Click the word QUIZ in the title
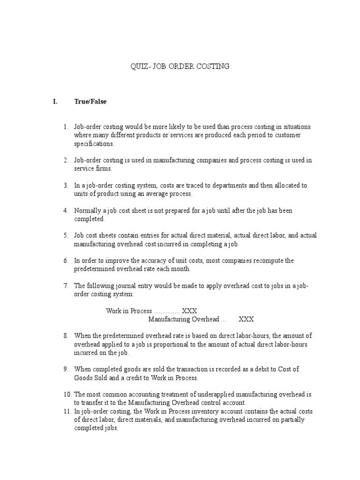(138, 67)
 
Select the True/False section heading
(90, 102)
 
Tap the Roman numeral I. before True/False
(54, 102)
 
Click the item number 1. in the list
(66, 127)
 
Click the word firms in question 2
(104, 169)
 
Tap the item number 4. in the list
(66, 211)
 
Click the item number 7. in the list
(66, 285)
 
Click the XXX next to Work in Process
(189, 311)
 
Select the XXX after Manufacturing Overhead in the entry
(247, 319)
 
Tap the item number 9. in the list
(66, 369)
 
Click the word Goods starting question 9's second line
(83, 378)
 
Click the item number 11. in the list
(67, 412)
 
